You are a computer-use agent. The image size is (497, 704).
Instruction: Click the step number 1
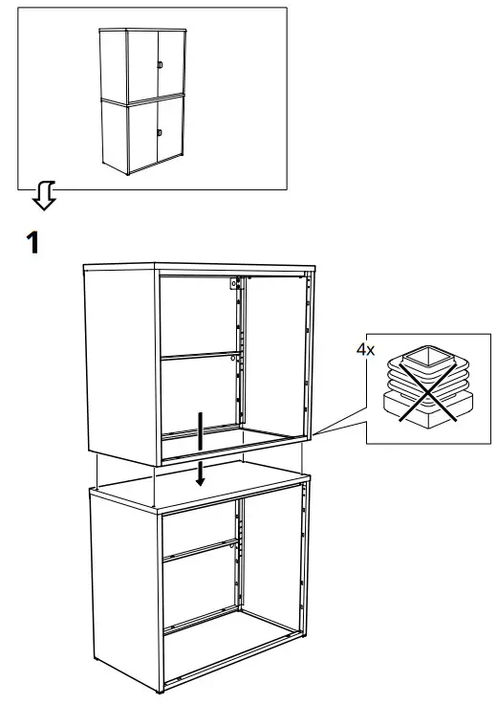coord(32,243)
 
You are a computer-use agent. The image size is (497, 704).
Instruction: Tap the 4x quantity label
coord(365,351)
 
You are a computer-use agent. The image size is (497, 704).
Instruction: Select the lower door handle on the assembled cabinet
coord(161,131)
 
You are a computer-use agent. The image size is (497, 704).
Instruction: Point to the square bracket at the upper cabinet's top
coord(231,284)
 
